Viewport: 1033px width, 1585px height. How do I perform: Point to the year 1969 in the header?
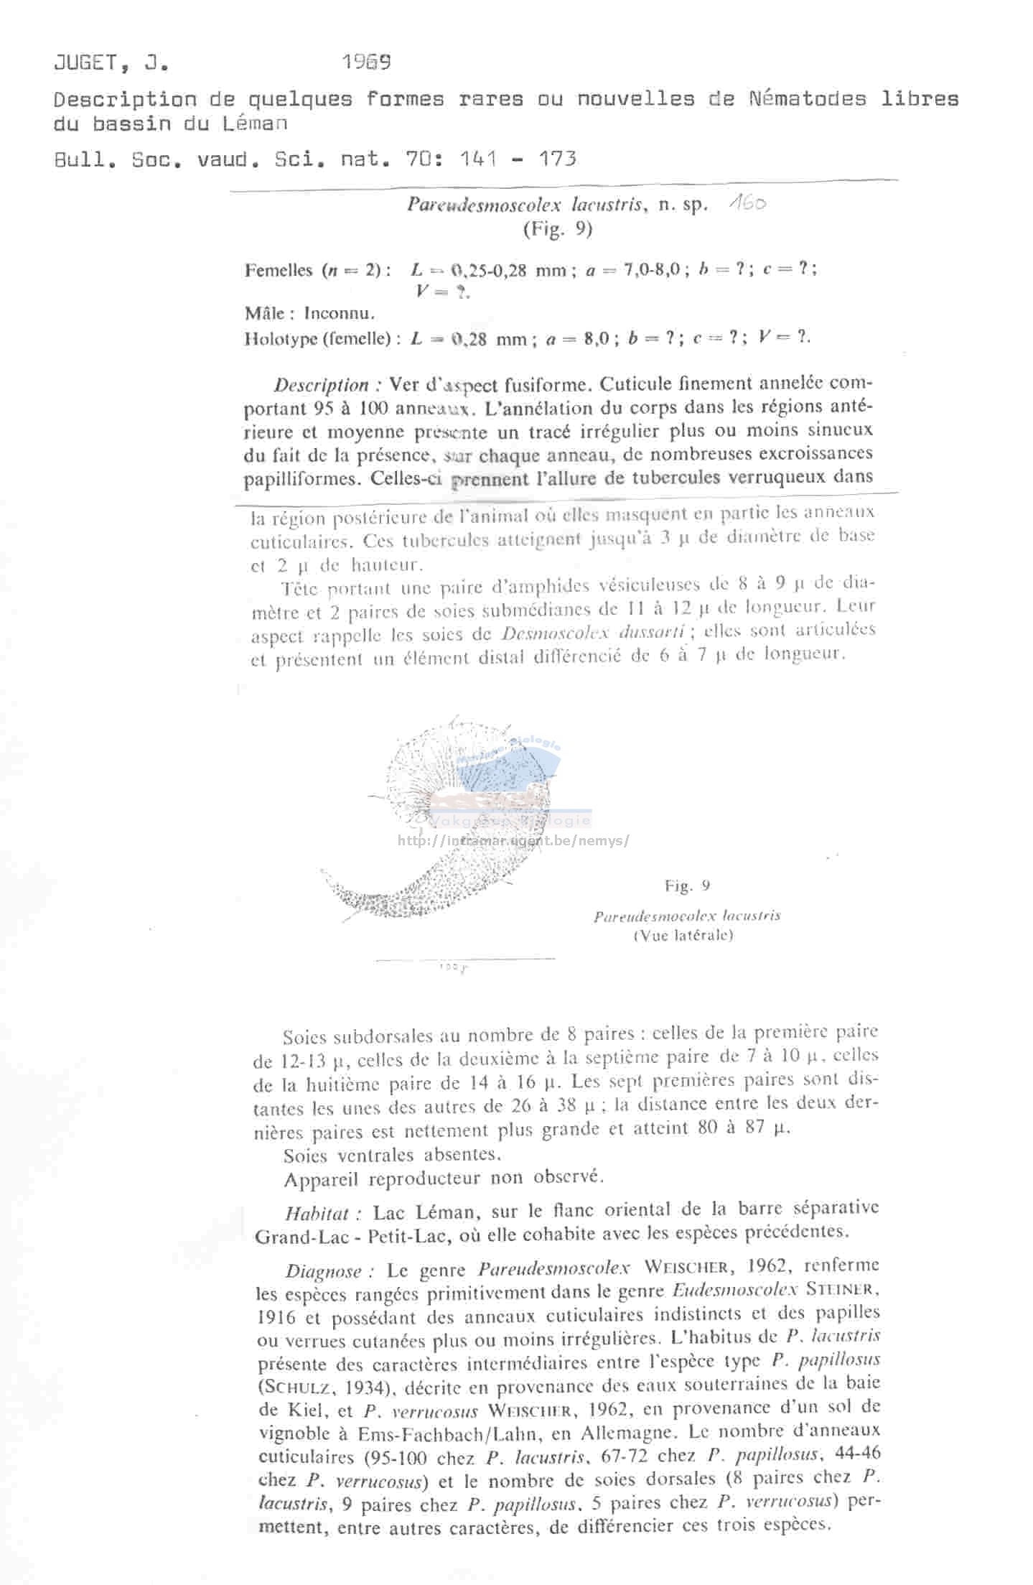[366, 62]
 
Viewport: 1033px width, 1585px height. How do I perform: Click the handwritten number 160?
[747, 204]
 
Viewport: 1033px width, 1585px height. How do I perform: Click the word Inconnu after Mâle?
[339, 314]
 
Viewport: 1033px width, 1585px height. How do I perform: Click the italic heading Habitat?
[317, 1214]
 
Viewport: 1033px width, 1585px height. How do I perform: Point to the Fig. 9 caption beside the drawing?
[687, 886]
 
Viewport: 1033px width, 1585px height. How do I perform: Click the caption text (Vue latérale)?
[683, 935]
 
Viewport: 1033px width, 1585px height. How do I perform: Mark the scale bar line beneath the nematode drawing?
[464, 959]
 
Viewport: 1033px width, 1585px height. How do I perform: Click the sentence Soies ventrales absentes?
[392, 1155]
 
